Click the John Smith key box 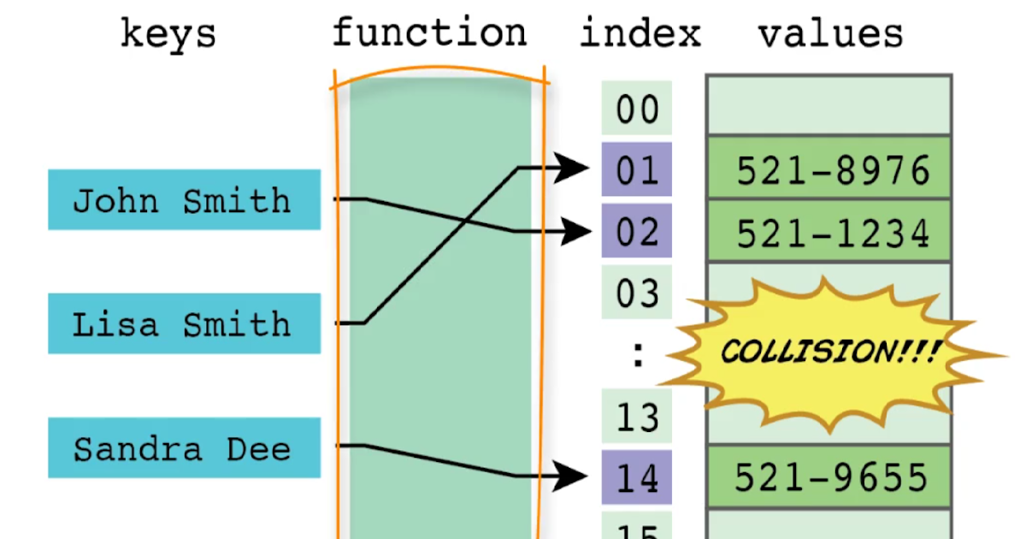(x=184, y=200)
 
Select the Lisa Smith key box (x=184, y=323)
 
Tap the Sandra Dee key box (x=184, y=447)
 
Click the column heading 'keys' (x=168, y=34)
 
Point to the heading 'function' (x=429, y=33)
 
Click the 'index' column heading (x=640, y=33)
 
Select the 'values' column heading (x=830, y=33)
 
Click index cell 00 (x=637, y=109)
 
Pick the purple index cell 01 (x=637, y=170)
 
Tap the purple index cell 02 (x=637, y=232)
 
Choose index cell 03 (x=637, y=293)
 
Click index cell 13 (x=637, y=417)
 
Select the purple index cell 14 (x=637, y=477)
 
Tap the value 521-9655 (x=831, y=477)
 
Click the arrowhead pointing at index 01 (x=572, y=168)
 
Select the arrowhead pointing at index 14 (x=572, y=477)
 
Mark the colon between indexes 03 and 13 (x=637, y=355)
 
